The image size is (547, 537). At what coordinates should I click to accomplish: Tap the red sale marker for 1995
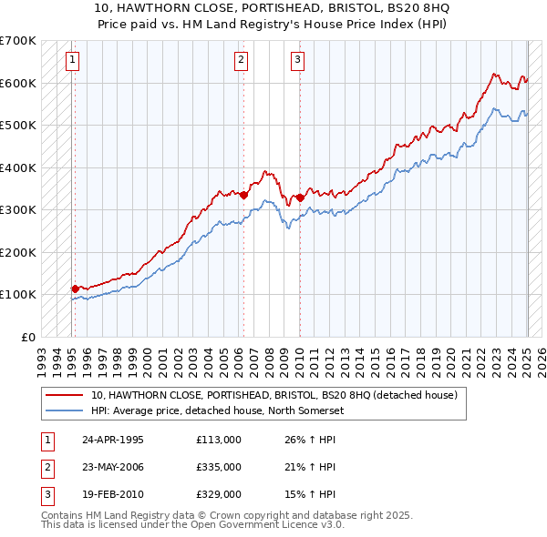pyautogui.click(x=75, y=289)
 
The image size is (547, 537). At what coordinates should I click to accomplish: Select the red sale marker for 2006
pyautogui.click(x=244, y=194)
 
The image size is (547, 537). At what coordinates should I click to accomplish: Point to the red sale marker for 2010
pyautogui.click(x=301, y=197)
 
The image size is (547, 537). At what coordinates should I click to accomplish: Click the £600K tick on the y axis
pyautogui.click(x=19, y=83)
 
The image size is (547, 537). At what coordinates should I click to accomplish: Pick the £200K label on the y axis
pyautogui.click(x=19, y=252)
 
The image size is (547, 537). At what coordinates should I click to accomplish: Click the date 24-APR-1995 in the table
pyautogui.click(x=113, y=440)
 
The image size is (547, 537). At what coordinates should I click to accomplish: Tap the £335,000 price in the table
pyautogui.click(x=219, y=467)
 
